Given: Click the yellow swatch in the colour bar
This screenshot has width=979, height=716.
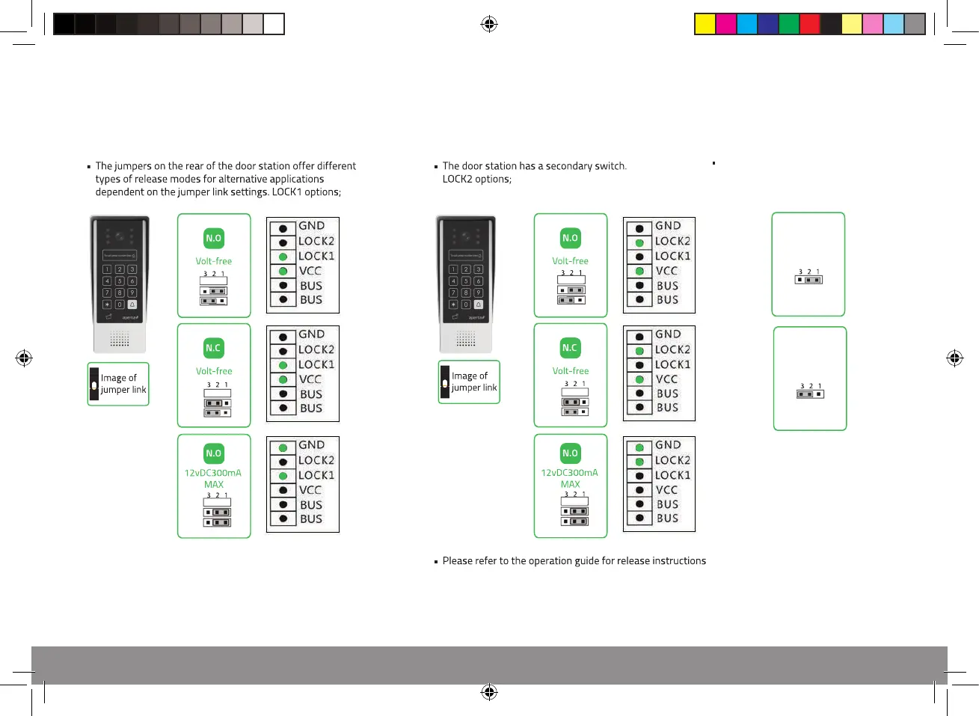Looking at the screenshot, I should pyautogui.click(x=705, y=24).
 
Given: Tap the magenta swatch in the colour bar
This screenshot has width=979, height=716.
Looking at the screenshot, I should pyautogui.click(x=726, y=24).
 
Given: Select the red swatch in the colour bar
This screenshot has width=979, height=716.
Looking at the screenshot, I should pyautogui.click(x=810, y=24).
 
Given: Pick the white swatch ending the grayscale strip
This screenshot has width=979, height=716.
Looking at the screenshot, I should pyautogui.click(x=274, y=24).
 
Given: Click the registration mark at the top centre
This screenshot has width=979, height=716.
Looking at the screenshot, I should pyautogui.click(x=489, y=25).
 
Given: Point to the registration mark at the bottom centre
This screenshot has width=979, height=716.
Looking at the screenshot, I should pyautogui.click(x=489, y=692).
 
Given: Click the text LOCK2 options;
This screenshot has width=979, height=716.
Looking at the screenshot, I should pyautogui.click(x=476, y=180).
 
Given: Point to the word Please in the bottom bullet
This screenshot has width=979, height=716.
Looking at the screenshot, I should pyautogui.click(x=457, y=561).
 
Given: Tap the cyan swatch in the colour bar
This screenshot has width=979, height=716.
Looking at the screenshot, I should pyautogui.click(x=747, y=24).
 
